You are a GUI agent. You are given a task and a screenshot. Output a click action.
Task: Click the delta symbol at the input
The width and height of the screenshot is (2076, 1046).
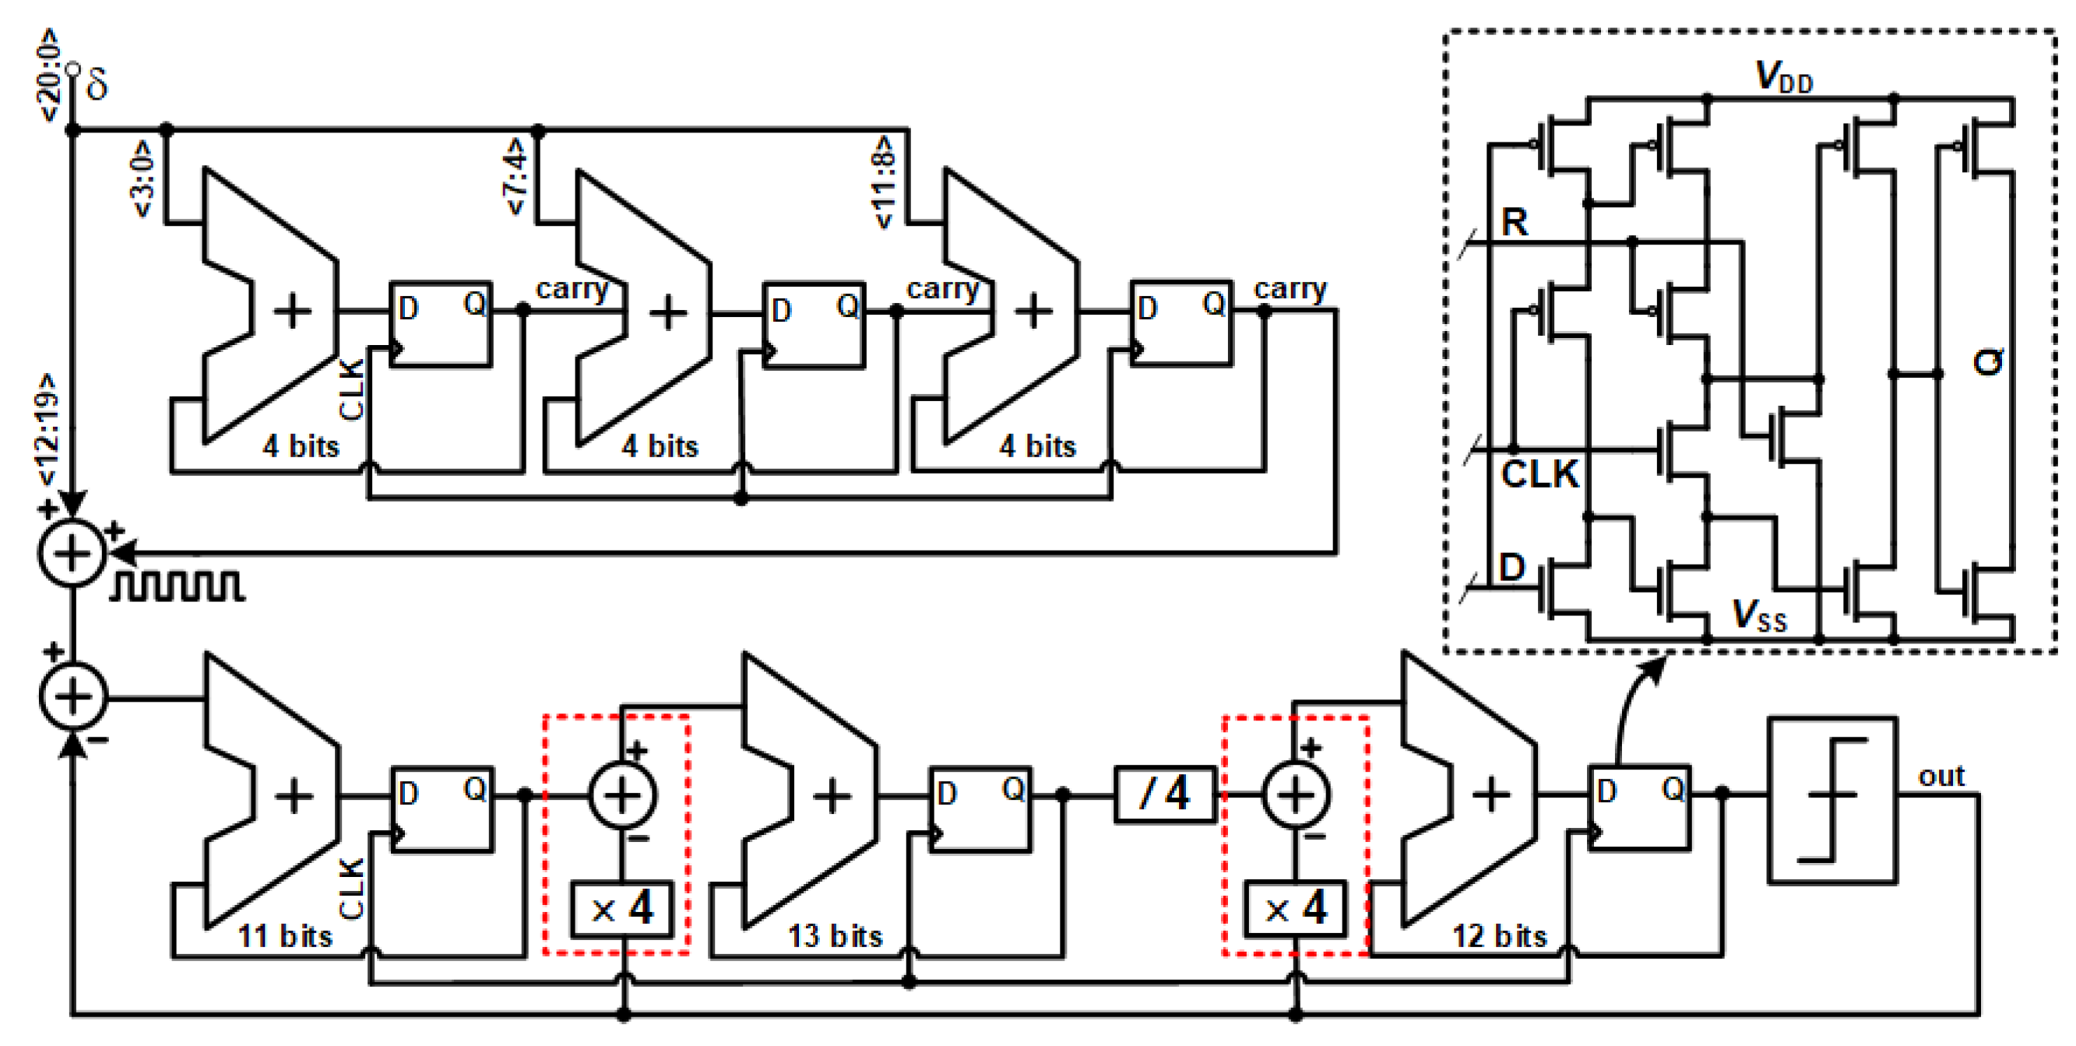pos(97,84)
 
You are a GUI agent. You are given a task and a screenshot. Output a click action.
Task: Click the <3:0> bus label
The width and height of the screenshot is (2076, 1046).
pos(142,179)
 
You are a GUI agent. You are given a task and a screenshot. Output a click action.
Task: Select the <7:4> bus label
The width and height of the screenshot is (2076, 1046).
pos(515,177)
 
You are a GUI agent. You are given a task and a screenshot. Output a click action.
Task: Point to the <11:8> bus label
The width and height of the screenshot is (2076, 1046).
pos(884,183)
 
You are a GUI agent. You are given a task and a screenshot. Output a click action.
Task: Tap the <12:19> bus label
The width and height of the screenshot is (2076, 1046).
pos(47,428)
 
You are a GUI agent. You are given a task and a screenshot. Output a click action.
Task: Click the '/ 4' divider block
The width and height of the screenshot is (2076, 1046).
pos(1164,794)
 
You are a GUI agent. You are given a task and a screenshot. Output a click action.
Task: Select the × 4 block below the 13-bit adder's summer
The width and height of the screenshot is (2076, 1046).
pos(622,909)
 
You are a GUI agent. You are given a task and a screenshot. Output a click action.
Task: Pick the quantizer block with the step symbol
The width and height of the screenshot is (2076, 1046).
pos(1831,800)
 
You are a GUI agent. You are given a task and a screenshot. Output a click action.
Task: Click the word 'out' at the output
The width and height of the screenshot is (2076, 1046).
pos(1941,776)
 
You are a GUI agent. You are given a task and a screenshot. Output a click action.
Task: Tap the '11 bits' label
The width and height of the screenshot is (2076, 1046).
pos(284,936)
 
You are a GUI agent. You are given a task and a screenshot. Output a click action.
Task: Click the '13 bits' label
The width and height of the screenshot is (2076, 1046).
pos(835,936)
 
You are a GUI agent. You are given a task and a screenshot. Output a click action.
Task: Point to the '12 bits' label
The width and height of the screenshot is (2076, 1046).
pos(1499,936)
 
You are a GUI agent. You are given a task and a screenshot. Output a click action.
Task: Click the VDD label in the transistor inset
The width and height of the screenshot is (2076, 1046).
pos(1783,78)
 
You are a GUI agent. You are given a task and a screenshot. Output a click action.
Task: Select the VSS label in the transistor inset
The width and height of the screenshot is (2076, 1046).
pos(1759,617)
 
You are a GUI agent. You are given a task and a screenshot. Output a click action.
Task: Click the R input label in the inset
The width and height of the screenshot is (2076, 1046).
pos(1515,223)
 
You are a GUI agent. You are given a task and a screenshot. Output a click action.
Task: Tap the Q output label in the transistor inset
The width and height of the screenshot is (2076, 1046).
pos(1987,362)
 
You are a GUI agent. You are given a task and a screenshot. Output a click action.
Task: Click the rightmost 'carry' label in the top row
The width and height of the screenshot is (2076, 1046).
pos(1290,287)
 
